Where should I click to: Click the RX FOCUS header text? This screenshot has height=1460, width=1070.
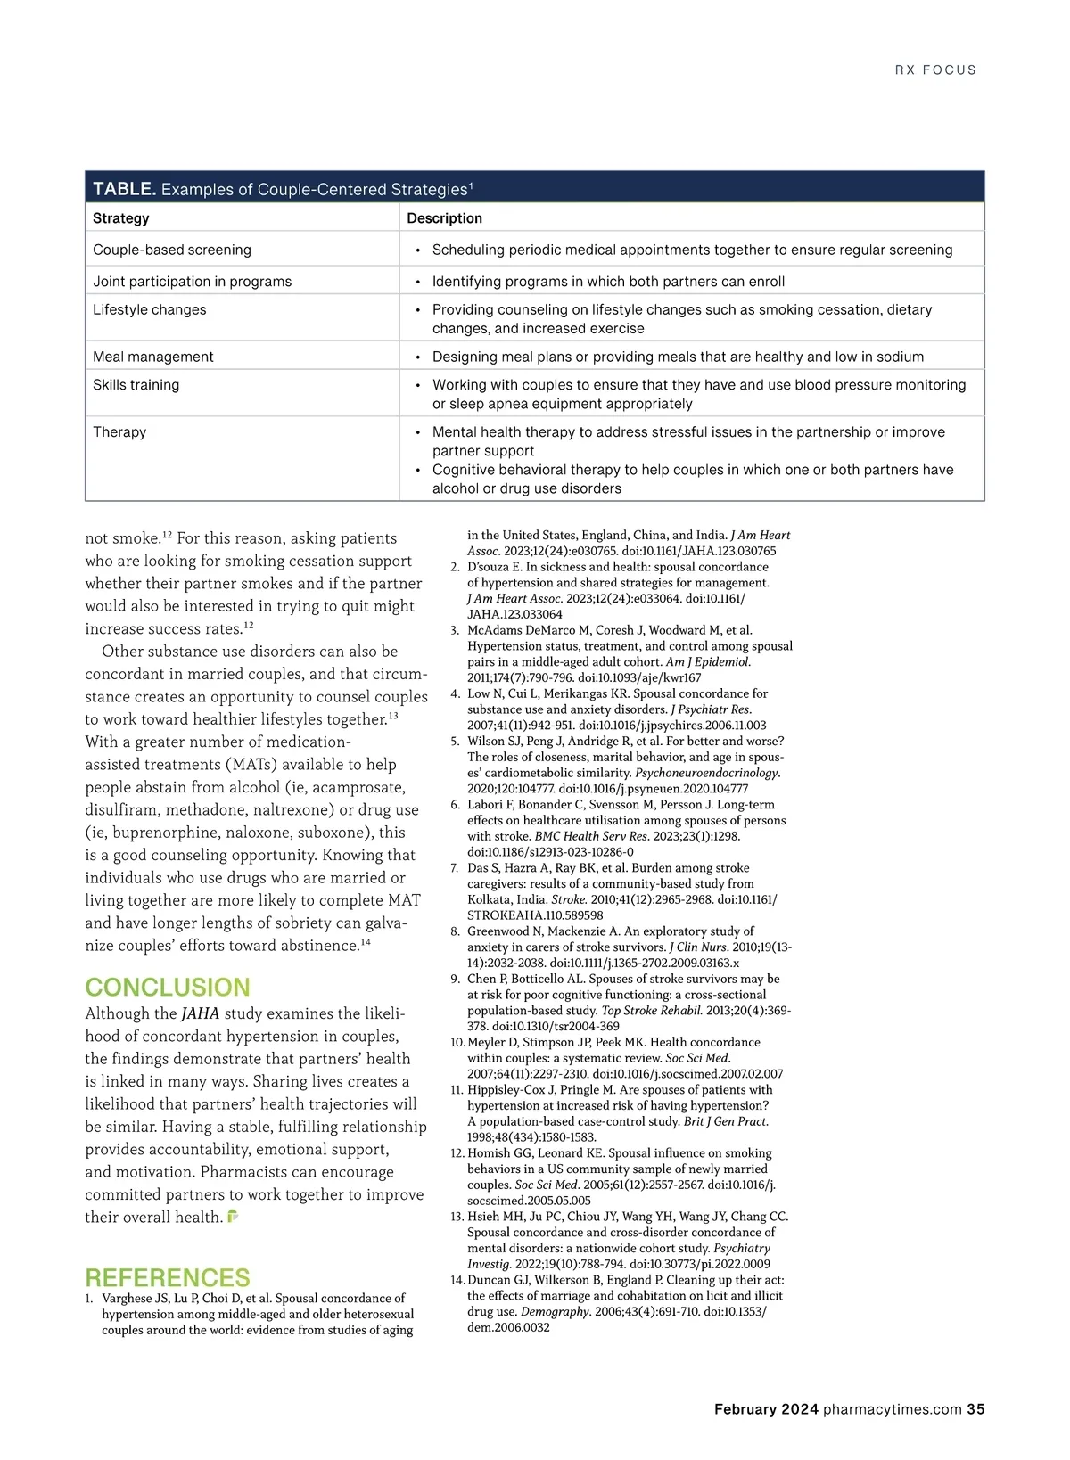935,70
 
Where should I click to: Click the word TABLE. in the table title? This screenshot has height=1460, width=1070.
125,189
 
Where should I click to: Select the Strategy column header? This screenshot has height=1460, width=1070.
121,218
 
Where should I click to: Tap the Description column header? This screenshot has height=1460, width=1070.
444,218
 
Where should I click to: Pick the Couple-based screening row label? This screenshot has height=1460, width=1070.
172,250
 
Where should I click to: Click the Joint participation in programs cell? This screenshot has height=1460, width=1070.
193,282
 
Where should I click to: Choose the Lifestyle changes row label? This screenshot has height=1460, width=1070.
150,310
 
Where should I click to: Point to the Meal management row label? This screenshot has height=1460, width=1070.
153,357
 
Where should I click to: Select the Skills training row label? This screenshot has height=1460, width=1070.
136,385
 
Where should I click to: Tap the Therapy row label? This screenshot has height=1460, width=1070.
119,432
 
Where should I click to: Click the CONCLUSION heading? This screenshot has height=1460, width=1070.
168,988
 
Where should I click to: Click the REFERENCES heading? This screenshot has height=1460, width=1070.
168,1277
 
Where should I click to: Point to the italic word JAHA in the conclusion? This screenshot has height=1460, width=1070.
200,1014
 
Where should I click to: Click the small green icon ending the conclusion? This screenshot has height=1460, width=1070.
234,1216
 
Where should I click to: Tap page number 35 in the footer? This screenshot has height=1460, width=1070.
975,1409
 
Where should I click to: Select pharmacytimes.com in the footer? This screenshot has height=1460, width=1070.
893,1409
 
